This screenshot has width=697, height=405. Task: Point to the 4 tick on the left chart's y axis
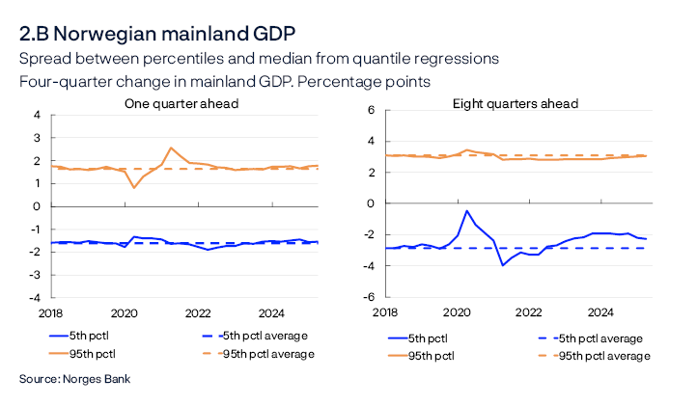point(37,115)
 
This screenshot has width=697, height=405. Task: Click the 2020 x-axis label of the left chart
point(124,313)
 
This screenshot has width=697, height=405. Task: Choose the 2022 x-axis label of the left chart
point(198,313)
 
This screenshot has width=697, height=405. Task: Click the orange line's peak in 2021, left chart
point(171,148)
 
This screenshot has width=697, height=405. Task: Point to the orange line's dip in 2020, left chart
point(133,186)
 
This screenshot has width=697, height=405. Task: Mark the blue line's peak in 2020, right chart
point(467,210)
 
